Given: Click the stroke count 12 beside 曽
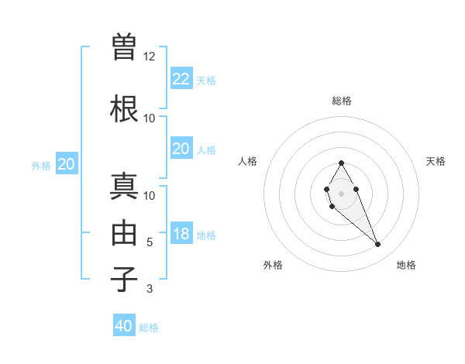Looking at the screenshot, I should pos(150,57).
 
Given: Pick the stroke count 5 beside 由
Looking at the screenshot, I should pos(150,242).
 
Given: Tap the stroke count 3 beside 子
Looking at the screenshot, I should pos(150,289).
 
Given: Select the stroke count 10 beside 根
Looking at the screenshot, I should pos(150,118).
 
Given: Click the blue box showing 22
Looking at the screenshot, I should pos(181,78).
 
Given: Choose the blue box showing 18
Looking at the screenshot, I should pos(181,234).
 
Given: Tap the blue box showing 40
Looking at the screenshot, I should pos(124,326).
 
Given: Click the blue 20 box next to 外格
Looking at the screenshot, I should pos(67,164).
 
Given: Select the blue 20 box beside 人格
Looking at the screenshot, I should pos(181,149).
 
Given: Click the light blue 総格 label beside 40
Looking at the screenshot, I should pos(149,328).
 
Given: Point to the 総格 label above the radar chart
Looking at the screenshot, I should pos(341,101).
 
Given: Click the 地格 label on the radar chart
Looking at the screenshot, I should pos(406,265).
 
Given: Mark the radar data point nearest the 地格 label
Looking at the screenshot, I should pos(378,245).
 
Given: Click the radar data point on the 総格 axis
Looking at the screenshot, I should pos(341,163).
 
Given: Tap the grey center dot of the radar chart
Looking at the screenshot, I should pos(341,192).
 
